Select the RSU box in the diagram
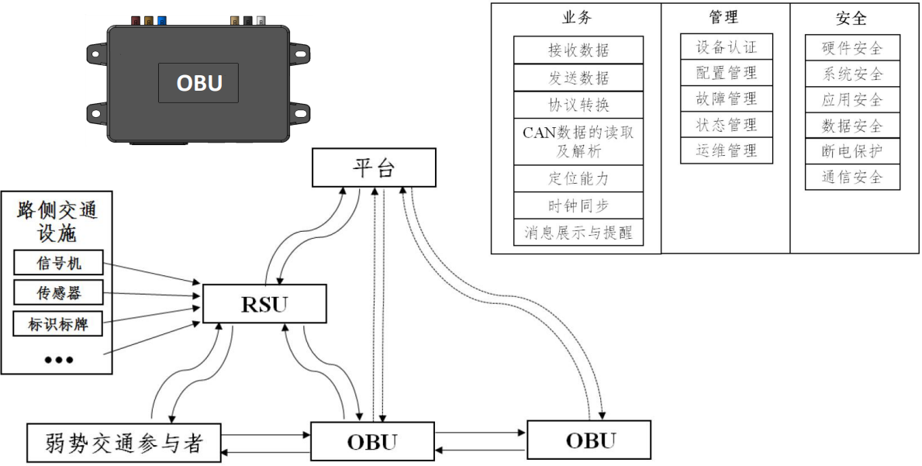264,304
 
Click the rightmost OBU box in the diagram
589,440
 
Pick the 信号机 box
58,263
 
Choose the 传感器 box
58,292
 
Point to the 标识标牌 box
58,323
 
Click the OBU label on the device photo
199,83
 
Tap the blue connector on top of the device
161,21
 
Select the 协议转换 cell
578,104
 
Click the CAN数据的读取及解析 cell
578,141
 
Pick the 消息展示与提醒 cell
578,232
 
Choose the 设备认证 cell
726,47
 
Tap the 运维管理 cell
726,150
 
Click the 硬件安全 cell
852,47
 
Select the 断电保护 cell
852,150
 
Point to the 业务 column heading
577,18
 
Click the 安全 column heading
851,18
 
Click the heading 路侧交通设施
58,221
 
